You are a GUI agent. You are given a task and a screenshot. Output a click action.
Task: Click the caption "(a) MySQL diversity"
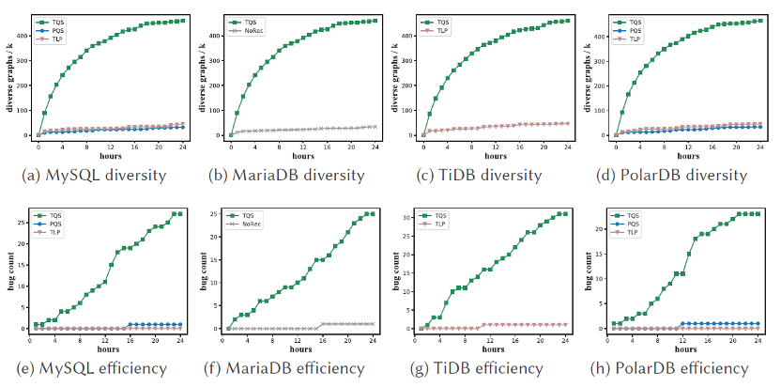click(100, 176)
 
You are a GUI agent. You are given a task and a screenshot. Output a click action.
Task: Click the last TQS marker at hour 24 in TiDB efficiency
click(566, 213)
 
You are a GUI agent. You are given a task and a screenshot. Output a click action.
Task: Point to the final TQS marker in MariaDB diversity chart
click(374, 21)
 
